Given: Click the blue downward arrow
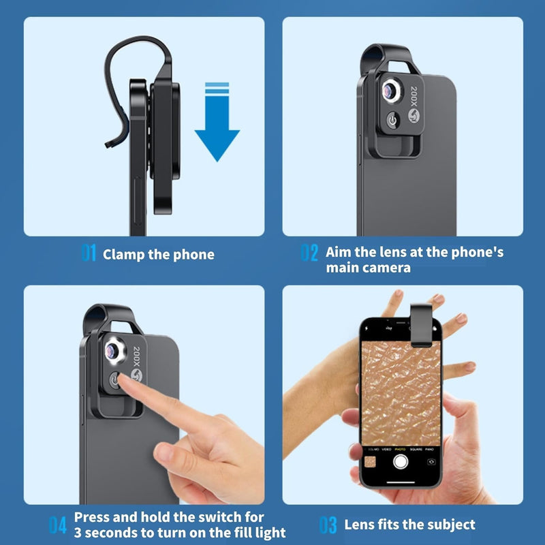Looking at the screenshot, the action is [x=217, y=122].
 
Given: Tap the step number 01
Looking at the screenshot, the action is [x=89, y=252].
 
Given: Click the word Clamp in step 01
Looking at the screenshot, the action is [x=123, y=254].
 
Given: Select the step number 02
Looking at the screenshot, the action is [x=309, y=252].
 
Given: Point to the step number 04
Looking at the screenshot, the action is [x=58, y=525].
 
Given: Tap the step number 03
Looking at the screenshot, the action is [x=328, y=525].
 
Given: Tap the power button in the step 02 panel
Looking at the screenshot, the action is [x=393, y=120].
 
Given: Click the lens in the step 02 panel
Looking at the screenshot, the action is [x=390, y=91].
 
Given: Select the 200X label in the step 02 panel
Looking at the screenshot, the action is [x=414, y=96].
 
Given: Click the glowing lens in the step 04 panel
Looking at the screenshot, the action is [x=114, y=352].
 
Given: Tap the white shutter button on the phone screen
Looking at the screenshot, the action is [x=401, y=462].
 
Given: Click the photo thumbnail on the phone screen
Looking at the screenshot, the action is [x=370, y=463].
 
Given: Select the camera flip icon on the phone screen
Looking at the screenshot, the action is [x=431, y=462].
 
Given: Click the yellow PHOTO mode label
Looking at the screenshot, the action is [x=400, y=450].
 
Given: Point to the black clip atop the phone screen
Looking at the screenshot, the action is [x=421, y=325].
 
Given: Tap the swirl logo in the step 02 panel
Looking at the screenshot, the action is [x=414, y=115].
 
